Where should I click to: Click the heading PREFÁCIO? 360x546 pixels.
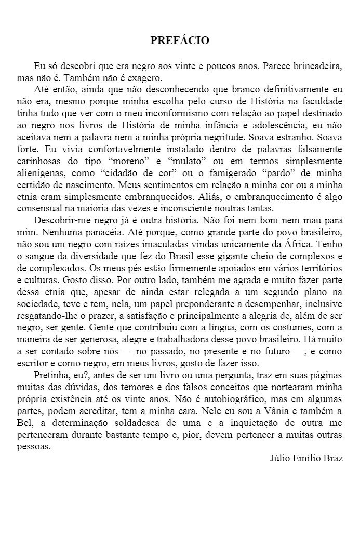click(180, 40)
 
